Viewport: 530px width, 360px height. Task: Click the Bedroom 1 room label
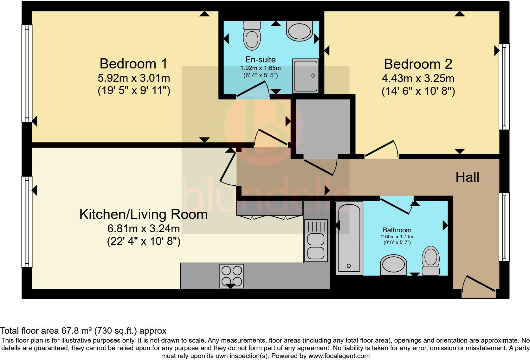pos(133,64)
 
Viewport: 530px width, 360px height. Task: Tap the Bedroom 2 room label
pos(418,64)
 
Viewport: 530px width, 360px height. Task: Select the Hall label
pos(467,177)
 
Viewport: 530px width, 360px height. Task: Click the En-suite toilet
pos(252,36)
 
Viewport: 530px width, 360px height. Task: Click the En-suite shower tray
pos(305,76)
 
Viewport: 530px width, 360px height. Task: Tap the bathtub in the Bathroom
pos(349,238)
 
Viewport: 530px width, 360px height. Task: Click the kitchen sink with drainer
pos(316,241)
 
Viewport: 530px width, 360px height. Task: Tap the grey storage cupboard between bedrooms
pos(323,126)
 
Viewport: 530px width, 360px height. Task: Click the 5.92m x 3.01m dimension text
pos(134,78)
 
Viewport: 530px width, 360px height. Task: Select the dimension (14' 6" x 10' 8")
pos(418,91)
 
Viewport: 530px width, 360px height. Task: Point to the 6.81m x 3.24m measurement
pos(144,228)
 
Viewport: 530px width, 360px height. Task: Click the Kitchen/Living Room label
pos(143,215)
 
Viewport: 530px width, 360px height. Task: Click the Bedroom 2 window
pos(504,87)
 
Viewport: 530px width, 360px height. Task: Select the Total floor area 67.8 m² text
pos(83,331)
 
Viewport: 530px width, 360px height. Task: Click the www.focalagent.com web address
pos(339,356)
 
